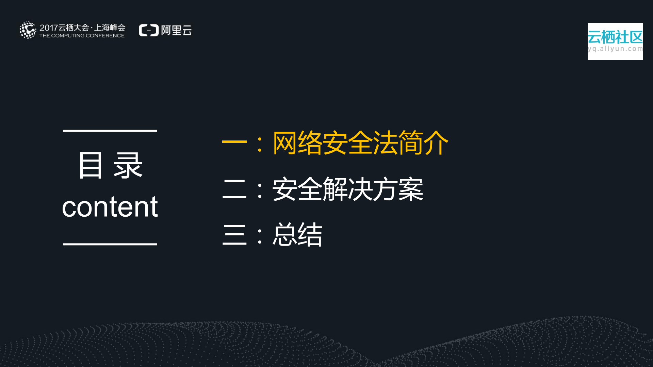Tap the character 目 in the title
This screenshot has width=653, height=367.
tap(90, 166)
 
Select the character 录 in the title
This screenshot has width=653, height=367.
tap(128, 166)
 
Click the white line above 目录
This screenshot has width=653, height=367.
tap(110, 131)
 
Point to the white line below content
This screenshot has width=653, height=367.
tap(110, 244)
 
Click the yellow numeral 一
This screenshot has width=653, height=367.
tap(234, 141)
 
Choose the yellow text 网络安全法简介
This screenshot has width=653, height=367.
tap(360, 143)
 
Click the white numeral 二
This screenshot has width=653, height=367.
tap(234, 189)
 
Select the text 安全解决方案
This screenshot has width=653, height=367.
tap(348, 189)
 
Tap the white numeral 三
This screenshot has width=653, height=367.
tap(234, 234)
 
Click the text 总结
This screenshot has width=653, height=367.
tap(297, 234)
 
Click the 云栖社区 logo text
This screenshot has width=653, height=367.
tap(615, 37)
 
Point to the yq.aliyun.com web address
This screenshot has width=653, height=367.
tap(615, 49)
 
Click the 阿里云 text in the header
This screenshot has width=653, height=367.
tap(176, 30)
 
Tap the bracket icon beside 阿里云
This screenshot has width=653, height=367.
tap(149, 30)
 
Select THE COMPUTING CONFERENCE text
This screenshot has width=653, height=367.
tap(82, 36)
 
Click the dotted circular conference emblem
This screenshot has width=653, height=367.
tap(28, 30)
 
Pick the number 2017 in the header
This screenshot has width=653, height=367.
tap(48, 28)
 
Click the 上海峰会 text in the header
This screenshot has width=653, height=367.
tap(110, 28)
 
